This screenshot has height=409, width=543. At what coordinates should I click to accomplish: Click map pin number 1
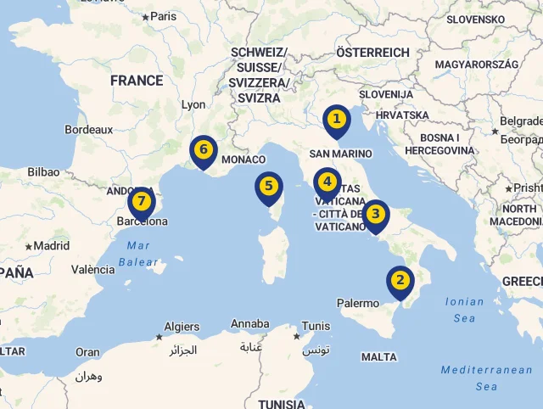(x=337, y=120)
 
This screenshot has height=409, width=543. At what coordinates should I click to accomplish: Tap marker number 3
(x=375, y=215)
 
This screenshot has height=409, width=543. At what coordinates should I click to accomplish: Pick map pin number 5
(x=268, y=186)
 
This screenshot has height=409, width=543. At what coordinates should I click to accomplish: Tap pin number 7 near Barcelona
(x=141, y=202)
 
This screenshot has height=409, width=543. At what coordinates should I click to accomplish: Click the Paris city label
(x=163, y=16)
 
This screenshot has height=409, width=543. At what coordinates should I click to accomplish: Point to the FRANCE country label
(x=136, y=81)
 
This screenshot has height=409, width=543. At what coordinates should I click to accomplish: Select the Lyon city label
(x=193, y=105)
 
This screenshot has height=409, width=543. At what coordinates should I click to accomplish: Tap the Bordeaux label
(x=88, y=130)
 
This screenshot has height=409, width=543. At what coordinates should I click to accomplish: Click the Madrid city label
(x=51, y=246)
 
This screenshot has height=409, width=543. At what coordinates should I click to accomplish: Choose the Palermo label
(x=358, y=303)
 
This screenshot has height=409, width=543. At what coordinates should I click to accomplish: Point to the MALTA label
(x=378, y=357)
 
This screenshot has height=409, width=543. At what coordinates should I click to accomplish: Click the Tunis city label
(x=316, y=326)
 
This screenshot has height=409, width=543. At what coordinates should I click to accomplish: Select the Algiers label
(x=181, y=327)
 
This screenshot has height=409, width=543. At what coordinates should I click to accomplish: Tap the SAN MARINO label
(x=340, y=154)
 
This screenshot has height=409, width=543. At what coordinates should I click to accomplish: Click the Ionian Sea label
(x=464, y=310)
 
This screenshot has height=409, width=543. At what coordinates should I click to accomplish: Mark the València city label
(x=92, y=270)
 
